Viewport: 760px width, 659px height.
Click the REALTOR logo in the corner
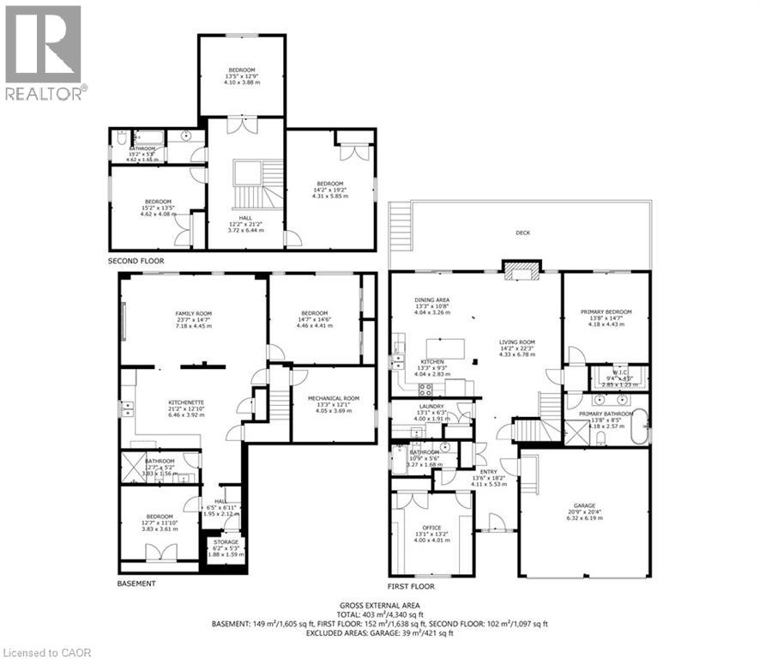coord(45,51)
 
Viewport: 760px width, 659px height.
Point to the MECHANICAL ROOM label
coord(334,398)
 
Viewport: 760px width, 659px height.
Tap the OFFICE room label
coord(431,528)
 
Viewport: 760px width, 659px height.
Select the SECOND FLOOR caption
coord(136,261)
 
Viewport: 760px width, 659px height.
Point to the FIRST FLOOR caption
coord(411,587)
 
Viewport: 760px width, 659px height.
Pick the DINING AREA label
coord(431,299)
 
